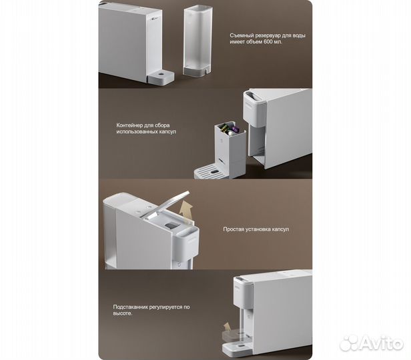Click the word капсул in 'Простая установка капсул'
(280, 229)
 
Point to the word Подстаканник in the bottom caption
(130, 307)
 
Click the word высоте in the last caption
(122, 313)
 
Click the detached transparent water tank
(197, 42)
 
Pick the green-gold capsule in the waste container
(225, 128)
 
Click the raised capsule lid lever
(170, 204)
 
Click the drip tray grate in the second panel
(210, 171)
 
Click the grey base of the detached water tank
(197, 72)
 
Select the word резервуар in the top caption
(268, 35)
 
